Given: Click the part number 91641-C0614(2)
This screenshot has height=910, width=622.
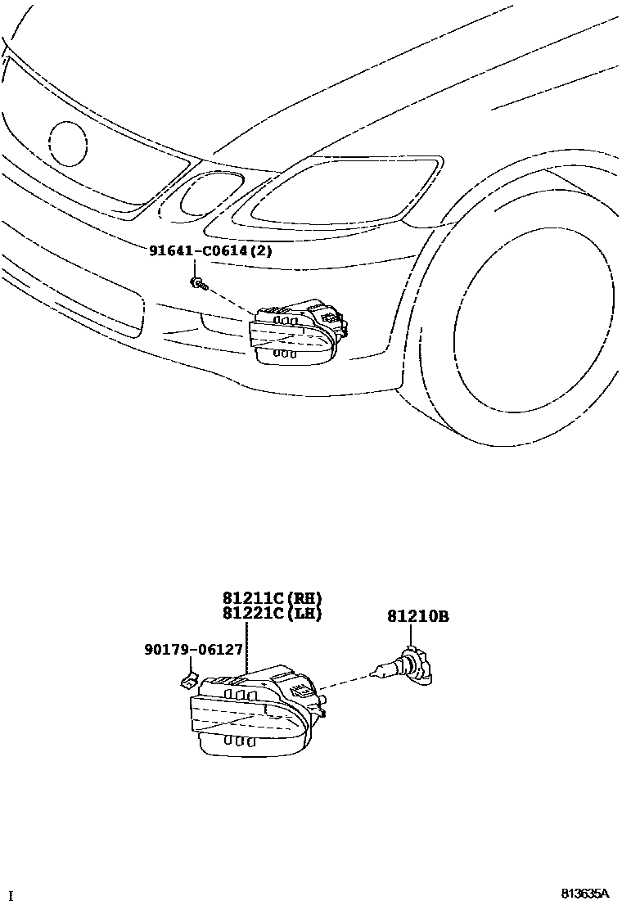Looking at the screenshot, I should pos(210,251).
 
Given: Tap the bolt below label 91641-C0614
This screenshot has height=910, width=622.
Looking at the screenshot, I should pos(198,284).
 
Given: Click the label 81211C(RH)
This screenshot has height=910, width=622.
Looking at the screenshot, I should pos(272,598).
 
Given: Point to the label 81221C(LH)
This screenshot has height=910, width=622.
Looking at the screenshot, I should pos(272,614).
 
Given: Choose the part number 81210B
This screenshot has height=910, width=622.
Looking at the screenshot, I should pos(417,617).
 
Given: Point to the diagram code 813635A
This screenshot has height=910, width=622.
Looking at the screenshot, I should pos(585,893).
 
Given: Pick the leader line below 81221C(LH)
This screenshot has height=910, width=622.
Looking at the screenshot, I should pos(246,646).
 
